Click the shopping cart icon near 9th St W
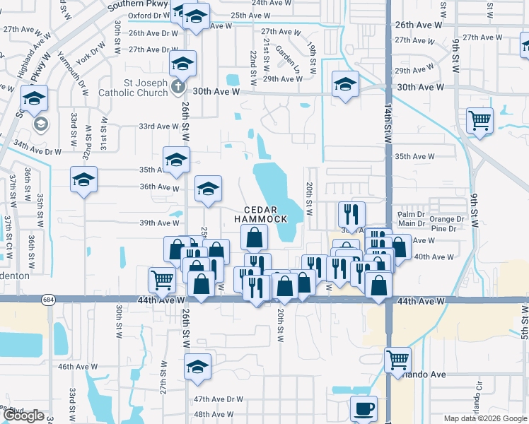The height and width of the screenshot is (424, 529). click(x=480, y=120)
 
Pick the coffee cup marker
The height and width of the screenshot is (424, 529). click(x=364, y=408)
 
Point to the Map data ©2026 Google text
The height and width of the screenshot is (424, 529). click(x=484, y=418)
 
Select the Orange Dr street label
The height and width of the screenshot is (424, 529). click(x=446, y=219)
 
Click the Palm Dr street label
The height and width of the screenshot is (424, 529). click(x=410, y=214)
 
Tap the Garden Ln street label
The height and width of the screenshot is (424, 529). click(x=288, y=55)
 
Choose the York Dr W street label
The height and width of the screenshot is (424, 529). click(x=85, y=57)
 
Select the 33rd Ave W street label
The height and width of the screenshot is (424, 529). click(x=158, y=126)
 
